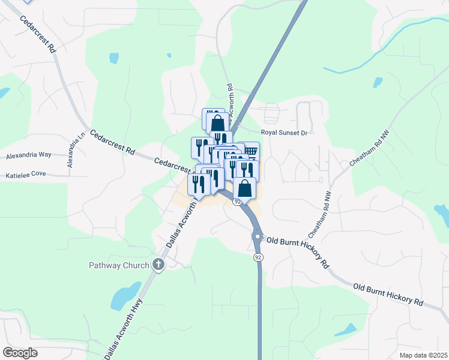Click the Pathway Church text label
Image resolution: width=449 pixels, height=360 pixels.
(x=119, y=265)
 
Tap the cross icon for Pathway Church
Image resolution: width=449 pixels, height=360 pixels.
(x=158, y=264)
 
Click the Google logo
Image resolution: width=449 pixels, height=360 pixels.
(x=20, y=353)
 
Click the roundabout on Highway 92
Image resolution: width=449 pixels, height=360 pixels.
(x=258, y=236)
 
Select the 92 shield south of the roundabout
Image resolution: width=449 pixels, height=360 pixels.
(x=258, y=257)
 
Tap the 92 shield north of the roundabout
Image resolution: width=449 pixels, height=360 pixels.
(x=238, y=202)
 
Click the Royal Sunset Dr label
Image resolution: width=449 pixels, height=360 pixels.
(x=283, y=133)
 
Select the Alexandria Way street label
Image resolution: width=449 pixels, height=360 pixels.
(x=29, y=155)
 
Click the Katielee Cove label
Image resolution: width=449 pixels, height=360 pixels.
(x=26, y=175)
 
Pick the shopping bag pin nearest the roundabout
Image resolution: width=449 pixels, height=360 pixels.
(x=244, y=188)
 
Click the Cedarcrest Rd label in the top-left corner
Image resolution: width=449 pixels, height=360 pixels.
(x=38, y=35)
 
